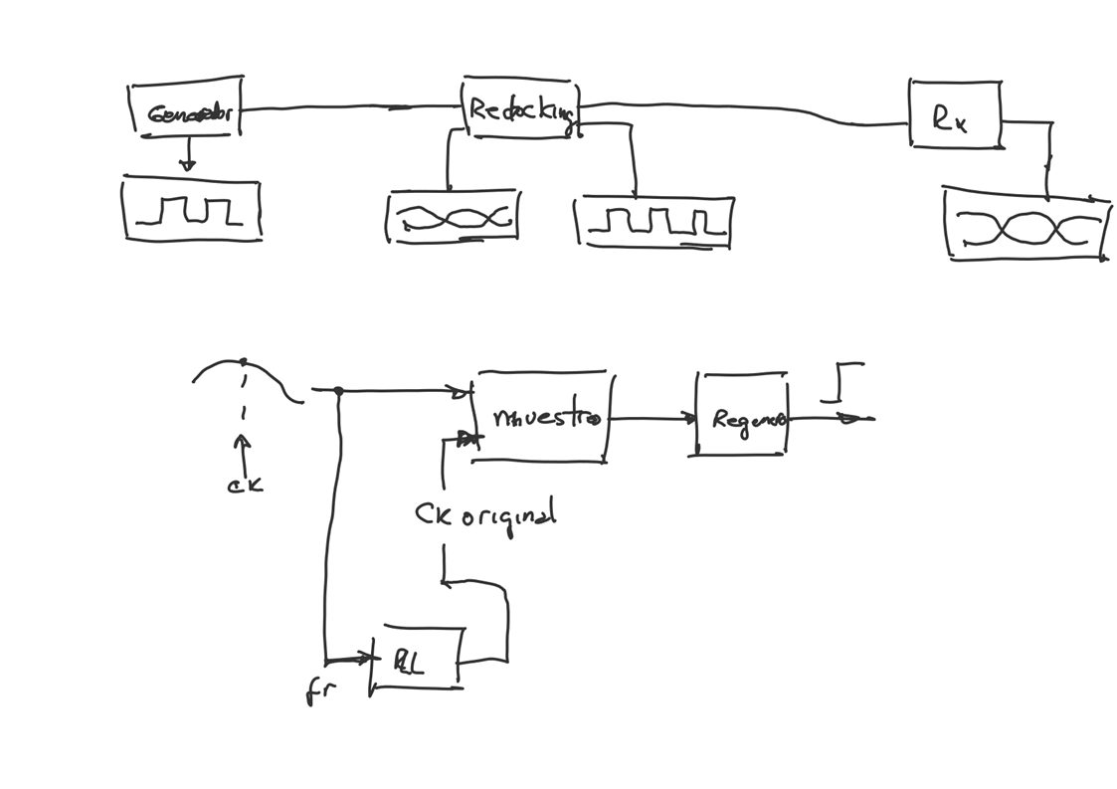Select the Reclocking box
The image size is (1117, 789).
pyautogui.click(x=520, y=107)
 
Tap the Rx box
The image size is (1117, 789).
pyautogui.click(x=954, y=115)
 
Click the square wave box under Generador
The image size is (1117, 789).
pyautogui.click(x=192, y=210)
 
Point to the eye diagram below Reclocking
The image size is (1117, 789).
pyautogui.click(x=453, y=217)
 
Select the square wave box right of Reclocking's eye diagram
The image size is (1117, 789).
pyautogui.click(x=654, y=221)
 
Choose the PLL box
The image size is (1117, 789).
pyautogui.click(x=416, y=661)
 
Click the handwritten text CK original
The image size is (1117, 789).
pyautogui.click(x=485, y=515)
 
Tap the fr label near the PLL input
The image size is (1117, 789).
pyautogui.click(x=320, y=690)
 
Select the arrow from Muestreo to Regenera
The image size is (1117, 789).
pyautogui.click(x=652, y=419)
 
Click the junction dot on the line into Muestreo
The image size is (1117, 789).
pyautogui.click(x=338, y=391)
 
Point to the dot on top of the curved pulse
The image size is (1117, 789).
pyautogui.click(x=244, y=362)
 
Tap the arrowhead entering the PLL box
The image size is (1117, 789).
pyautogui.click(x=364, y=658)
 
